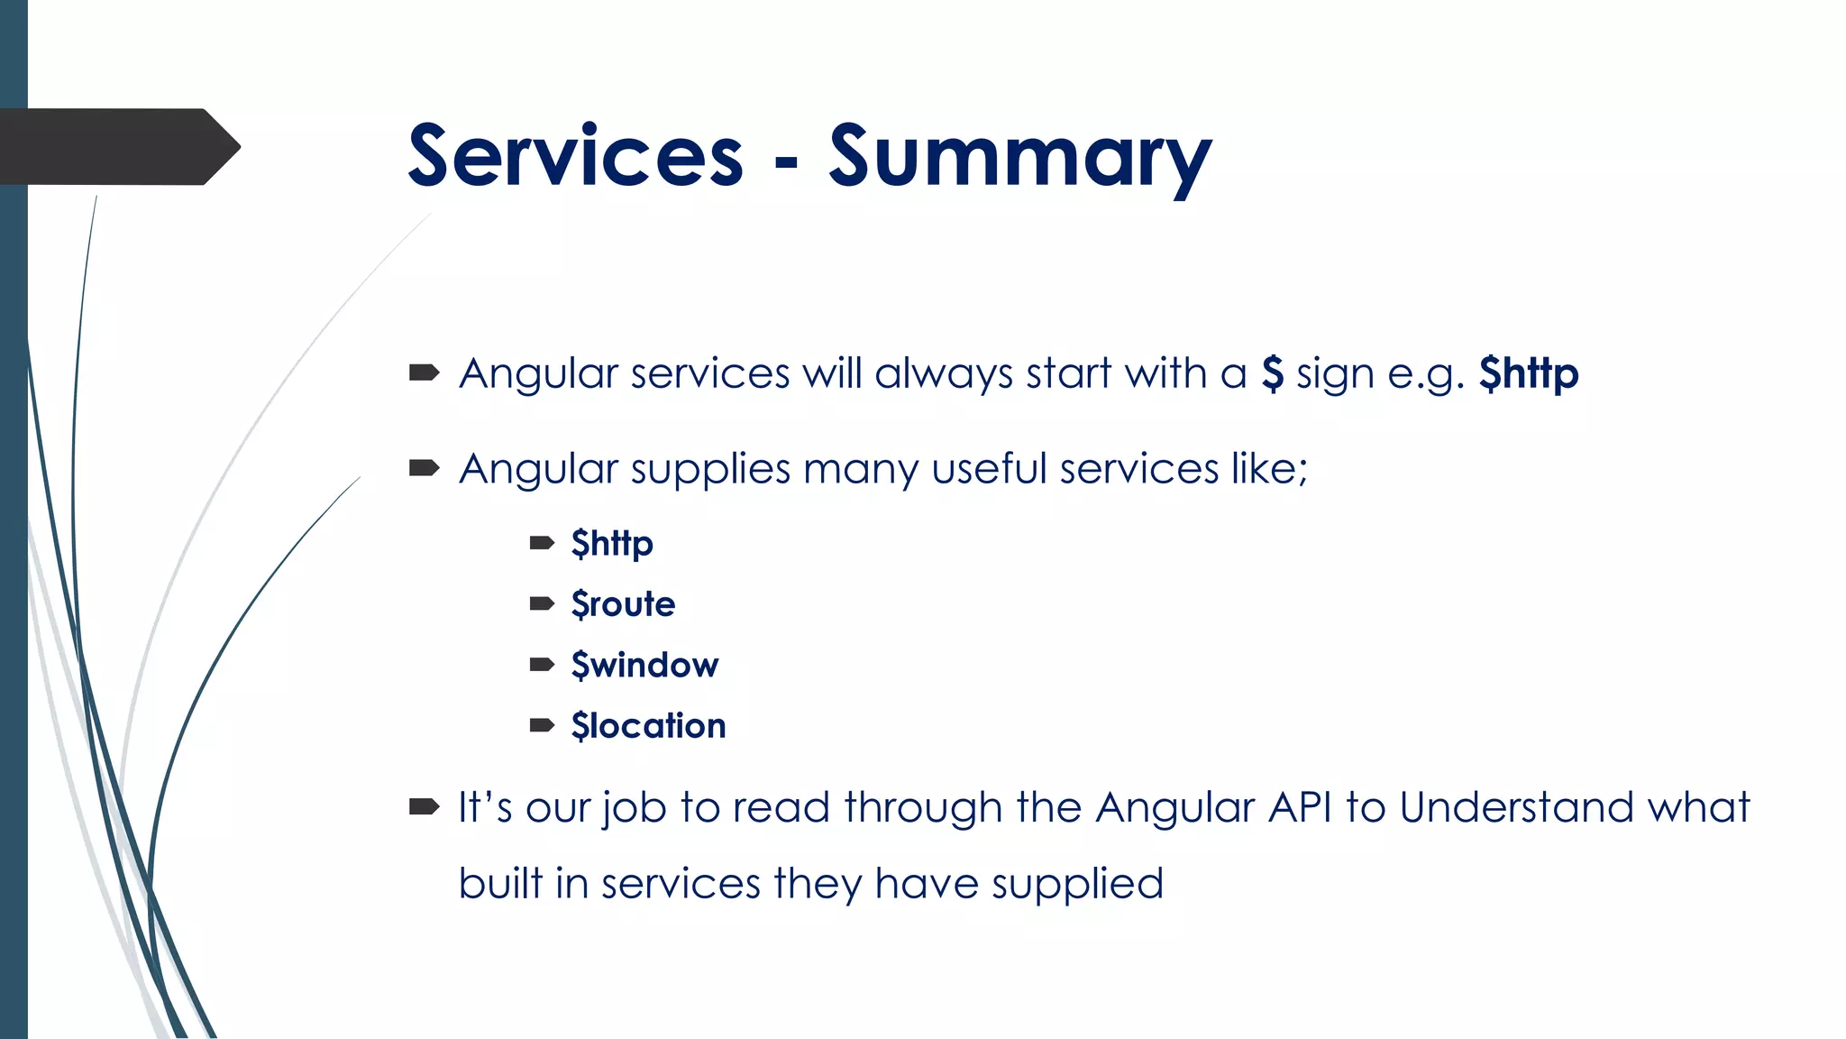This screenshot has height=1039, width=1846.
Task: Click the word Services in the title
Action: click(x=575, y=157)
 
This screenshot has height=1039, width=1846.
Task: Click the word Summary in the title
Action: click(x=1019, y=159)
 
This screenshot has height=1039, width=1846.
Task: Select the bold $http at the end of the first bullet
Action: click(x=1529, y=373)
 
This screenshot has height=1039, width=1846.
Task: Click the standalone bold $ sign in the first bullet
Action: click(x=1272, y=372)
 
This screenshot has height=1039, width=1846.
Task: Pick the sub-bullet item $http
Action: click(x=612, y=544)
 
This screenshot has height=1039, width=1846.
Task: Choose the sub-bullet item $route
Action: click(x=623, y=604)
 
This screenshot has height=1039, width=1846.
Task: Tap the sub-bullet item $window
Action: click(x=644, y=666)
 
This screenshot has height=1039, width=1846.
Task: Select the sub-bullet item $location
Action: click(x=648, y=726)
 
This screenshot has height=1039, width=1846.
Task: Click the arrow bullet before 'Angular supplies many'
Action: click(x=424, y=468)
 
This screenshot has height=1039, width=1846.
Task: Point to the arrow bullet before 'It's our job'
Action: click(x=424, y=806)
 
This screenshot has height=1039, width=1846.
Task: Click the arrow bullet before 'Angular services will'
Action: click(x=424, y=372)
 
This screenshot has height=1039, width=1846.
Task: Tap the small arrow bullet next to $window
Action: click(x=542, y=666)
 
